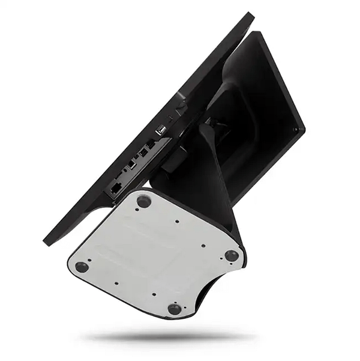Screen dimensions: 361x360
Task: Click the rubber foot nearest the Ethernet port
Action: [143, 201]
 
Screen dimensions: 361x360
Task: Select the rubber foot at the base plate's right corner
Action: [232, 255]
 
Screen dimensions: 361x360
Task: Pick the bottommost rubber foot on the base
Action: [175, 309]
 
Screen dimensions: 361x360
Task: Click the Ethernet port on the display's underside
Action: [115, 187]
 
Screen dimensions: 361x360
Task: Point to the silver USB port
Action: [161, 129]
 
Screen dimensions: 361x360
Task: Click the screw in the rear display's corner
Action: [295, 129]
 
